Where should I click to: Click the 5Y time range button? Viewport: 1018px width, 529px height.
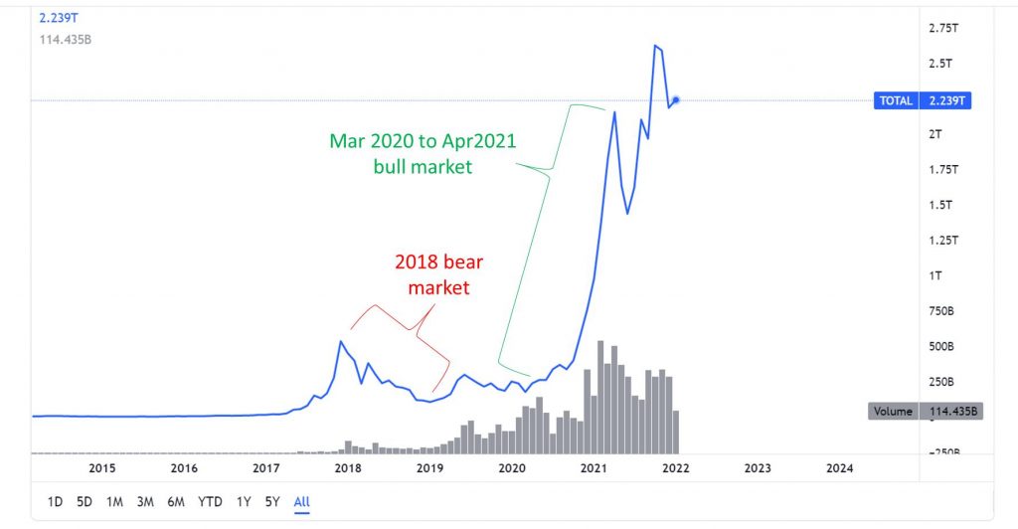(x=271, y=502)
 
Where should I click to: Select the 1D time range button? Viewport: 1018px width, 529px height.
(x=55, y=502)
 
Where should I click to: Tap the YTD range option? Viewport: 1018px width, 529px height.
(x=210, y=502)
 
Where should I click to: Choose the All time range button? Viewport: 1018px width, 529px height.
(x=302, y=502)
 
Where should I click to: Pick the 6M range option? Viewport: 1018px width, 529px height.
(x=176, y=502)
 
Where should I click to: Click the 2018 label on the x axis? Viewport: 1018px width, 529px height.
(x=347, y=467)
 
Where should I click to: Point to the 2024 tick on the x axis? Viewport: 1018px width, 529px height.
(x=839, y=467)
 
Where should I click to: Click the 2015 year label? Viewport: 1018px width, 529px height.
(x=101, y=467)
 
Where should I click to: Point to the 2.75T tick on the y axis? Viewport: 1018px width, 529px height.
(x=941, y=29)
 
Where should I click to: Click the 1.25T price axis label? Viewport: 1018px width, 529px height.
(x=941, y=241)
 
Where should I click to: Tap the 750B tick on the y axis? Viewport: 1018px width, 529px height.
(x=941, y=311)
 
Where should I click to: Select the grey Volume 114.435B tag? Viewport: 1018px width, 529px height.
(x=924, y=411)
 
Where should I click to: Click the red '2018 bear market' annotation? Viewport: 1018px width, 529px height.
(x=438, y=275)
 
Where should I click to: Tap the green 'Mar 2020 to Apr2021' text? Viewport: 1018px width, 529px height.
(x=423, y=141)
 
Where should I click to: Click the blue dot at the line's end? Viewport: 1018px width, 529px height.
(x=675, y=99)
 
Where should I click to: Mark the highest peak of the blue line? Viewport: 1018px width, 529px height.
(x=655, y=45)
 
